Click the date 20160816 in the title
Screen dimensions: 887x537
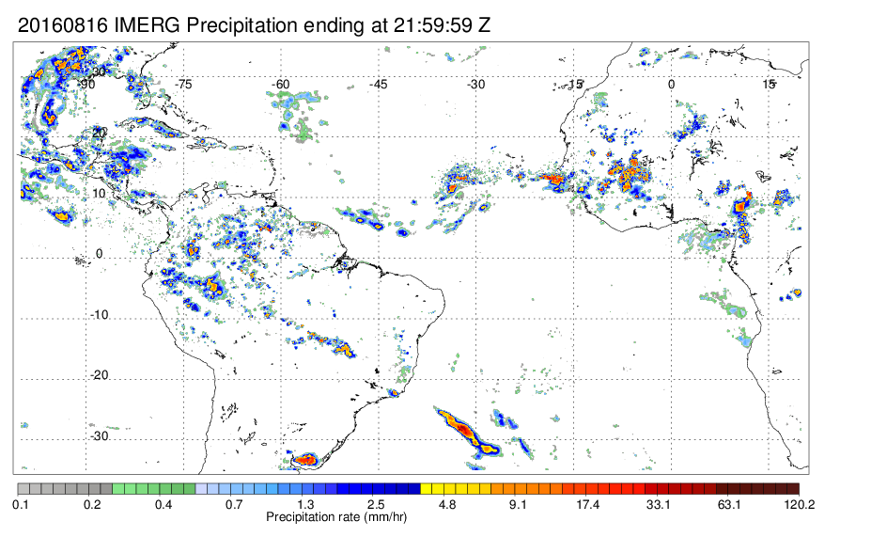tap(63, 25)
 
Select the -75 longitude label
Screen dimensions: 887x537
tap(184, 85)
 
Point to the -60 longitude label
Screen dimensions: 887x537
tap(281, 85)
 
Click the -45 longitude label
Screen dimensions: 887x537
tap(379, 85)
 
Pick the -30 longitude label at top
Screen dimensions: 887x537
tap(475, 85)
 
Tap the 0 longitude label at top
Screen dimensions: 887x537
tap(671, 85)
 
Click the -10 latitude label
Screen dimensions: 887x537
tap(100, 315)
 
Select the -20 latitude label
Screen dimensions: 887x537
tap(100, 375)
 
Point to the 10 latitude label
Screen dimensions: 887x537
tap(100, 194)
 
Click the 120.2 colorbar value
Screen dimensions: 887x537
tap(799, 504)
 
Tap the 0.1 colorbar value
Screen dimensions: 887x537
tap(21, 504)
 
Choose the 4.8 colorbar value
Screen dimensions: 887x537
tap(447, 504)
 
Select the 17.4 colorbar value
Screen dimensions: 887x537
tap(588, 504)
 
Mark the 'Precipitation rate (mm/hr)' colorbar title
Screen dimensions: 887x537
tap(336, 516)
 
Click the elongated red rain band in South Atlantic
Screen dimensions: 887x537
tap(467, 432)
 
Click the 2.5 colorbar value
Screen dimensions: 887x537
tap(376, 504)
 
